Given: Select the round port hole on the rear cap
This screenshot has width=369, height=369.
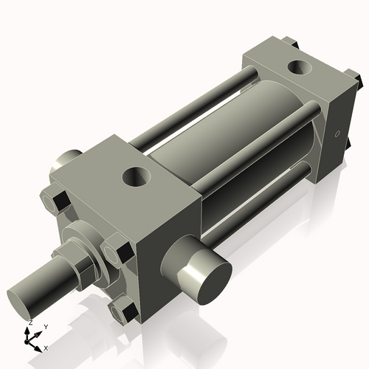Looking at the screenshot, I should [300, 69].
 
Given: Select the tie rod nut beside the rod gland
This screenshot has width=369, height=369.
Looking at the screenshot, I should [114, 254].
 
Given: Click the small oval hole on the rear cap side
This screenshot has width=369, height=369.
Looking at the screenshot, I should [337, 134].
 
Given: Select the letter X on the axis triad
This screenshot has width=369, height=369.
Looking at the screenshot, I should [46, 347].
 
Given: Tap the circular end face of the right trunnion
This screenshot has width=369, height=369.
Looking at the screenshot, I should [207, 281].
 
